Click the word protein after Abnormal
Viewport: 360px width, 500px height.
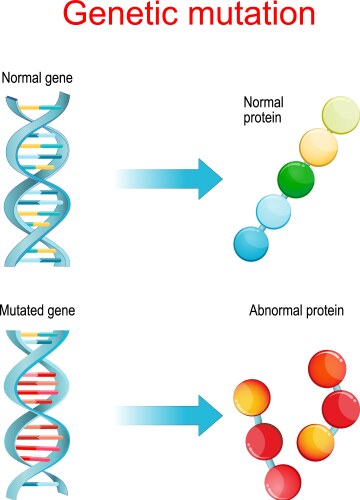(324, 312)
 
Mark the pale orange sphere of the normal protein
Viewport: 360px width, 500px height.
(317, 149)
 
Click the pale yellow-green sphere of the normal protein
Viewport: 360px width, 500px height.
(340, 117)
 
